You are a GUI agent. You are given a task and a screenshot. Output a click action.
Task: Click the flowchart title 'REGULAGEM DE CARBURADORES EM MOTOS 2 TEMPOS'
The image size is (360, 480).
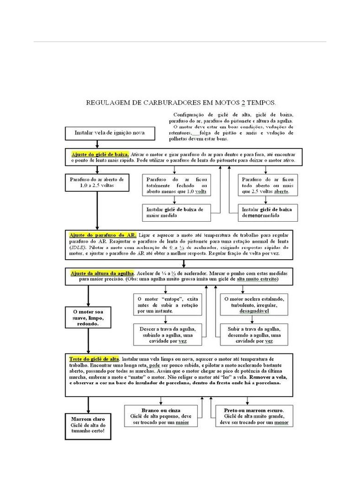click(180, 102)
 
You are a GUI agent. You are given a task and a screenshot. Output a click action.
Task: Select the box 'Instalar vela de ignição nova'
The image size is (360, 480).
click(110, 133)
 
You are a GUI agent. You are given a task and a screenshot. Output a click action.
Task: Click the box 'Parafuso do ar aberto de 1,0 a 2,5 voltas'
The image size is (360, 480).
click(96, 182)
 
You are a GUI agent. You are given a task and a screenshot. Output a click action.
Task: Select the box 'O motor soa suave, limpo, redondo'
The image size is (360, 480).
click(88, 318)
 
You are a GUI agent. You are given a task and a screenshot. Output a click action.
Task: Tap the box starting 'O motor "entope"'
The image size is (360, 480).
click(168, 304)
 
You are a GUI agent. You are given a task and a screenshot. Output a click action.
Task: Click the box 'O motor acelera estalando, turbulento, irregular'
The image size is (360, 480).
click(257, 304)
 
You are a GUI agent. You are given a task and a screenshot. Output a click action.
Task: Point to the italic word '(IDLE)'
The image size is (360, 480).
click(78, 247)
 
